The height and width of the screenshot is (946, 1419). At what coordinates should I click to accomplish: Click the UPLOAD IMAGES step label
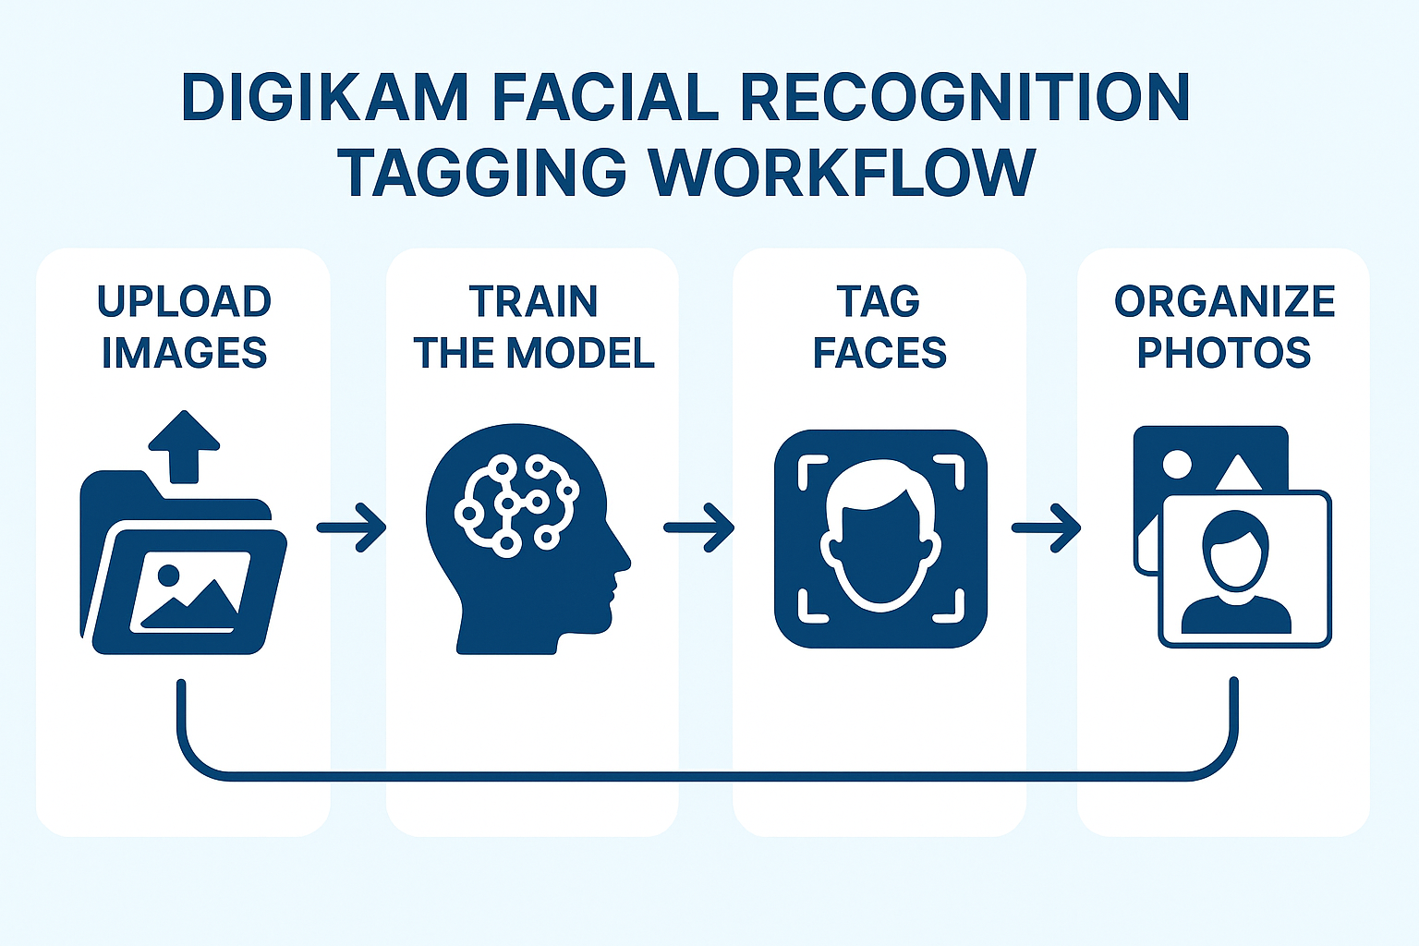tap(184, 327)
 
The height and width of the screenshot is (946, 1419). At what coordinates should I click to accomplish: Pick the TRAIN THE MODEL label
tap(533, 327)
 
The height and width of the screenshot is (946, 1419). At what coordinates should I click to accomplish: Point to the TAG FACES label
tap(879, 327)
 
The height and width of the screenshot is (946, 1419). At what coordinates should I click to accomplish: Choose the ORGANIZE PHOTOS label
tap(1223, 327)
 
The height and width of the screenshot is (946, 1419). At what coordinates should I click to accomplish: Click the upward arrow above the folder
tap(185, 446)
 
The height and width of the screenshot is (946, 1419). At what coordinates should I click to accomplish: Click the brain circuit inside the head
tap(516, 503)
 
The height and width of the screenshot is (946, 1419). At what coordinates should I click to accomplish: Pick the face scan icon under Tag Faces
tap(880, 538)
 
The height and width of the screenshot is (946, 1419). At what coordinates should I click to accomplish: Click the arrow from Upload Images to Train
tap(352, 528)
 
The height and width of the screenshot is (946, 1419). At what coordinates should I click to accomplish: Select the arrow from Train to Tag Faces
tap(699, 528)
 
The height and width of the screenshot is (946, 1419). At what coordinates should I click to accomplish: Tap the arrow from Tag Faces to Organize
tap(1047, 528)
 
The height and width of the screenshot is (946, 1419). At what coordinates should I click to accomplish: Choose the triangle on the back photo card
tap(1239, 473)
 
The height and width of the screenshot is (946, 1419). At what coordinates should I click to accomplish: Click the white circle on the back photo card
tap(1176, 464)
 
